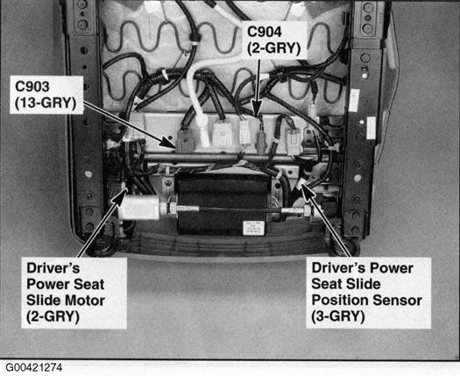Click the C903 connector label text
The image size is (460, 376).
click(x=32, y=87)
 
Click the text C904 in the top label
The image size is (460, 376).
click(x=265, y=32)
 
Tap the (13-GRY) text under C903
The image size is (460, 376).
click(x=46, y=103)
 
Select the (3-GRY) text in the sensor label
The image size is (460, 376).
click(x=338, y=316)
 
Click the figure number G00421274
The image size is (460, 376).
click(x=34, y=367)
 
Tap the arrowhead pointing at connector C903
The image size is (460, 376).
click(x=169, y=142)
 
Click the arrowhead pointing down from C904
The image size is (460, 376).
click(x=257, y=111)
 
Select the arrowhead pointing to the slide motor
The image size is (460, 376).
click(x=120, y=196)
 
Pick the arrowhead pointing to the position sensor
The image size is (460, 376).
click(x=307, y=191)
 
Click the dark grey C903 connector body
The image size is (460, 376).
click(x=186, y=140)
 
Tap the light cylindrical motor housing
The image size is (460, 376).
click(x=140, y=208)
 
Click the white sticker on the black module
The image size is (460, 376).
click(x=253, y=228)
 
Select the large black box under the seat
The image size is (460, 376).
click(x=222, y=203)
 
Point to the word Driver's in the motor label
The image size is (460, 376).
click(x=53, y=268)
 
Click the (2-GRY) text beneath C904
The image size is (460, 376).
click(x=273, y=48)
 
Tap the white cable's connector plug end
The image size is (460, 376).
click(x=204, y=131)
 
